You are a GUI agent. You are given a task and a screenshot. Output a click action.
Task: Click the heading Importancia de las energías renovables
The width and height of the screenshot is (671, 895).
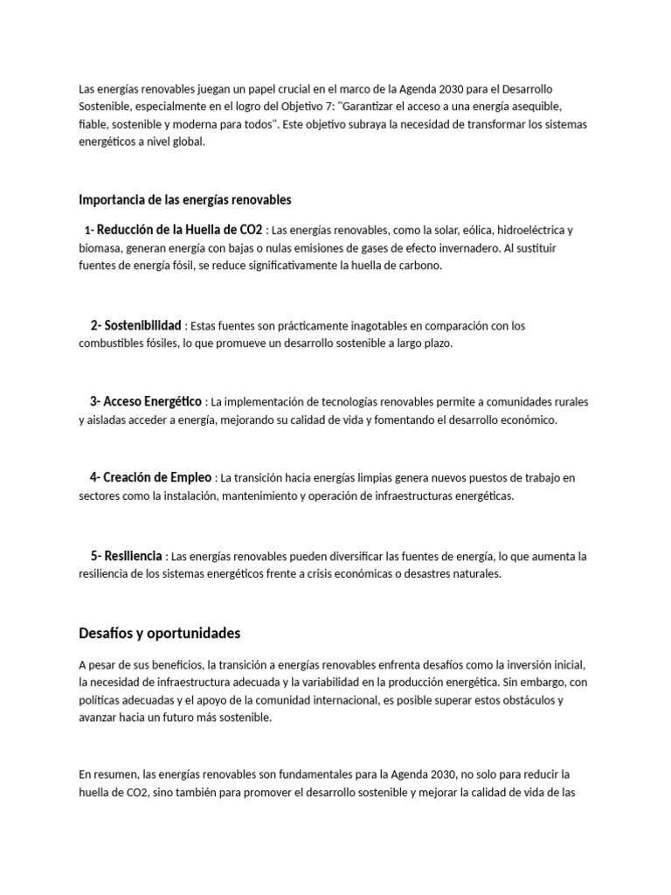(x=184, y=200)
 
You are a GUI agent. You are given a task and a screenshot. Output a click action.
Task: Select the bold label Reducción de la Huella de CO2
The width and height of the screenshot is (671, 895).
(x=179, y=230)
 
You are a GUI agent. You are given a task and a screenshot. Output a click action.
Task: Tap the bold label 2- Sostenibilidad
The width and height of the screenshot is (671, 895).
(x=135, y=325)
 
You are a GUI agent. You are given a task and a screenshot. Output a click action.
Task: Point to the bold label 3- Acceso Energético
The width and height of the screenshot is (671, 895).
(x=145, y=401)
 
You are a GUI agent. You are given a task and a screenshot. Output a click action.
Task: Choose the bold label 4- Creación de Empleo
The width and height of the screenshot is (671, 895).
(x=150, y=477)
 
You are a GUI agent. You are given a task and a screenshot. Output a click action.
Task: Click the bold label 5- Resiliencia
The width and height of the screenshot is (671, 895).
(x=126, y=555)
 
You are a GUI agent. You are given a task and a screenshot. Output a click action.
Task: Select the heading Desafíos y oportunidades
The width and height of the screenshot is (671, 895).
(x=159, y=633)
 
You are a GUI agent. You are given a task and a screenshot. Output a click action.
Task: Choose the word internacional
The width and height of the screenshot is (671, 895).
(x=357, y=700)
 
